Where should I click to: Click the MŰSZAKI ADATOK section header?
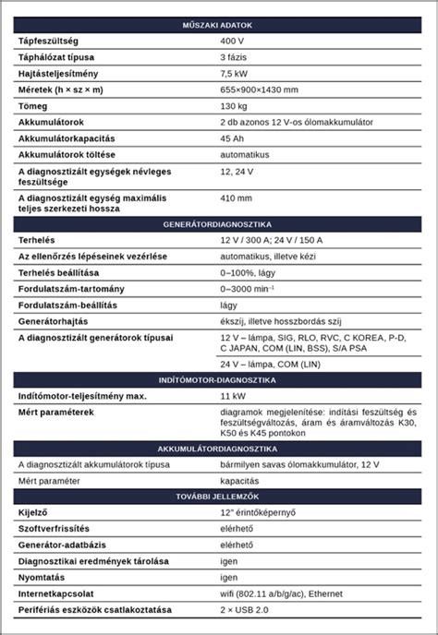(219, 26)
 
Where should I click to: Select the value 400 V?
(233, 42)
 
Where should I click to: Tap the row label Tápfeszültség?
(48, 42)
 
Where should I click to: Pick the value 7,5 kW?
(235, 73)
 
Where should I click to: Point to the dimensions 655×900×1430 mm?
(259, 89)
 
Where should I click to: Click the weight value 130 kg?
(235, 105)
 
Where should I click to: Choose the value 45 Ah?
(233, 138)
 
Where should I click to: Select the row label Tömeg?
(34, 105)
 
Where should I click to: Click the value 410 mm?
(236, 198)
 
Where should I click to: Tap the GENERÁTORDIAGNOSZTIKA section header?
(219, 224)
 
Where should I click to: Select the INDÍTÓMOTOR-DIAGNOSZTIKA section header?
(219, 379)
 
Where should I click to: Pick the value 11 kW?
(233, 396)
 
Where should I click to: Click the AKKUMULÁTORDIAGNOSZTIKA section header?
(219, 448)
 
